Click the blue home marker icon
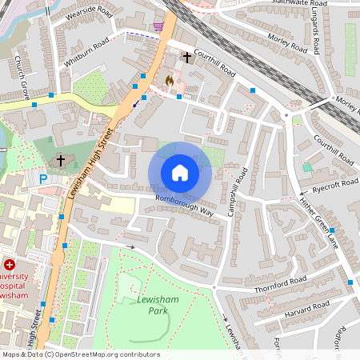click(180, 173)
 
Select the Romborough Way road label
click(185, 206)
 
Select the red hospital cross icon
click(9, 265)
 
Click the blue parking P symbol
click(43, 179)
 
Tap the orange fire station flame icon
click(169, 80)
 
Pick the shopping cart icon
click(158, 26)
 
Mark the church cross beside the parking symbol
click(60, 161)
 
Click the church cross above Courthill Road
click(187, 58)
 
